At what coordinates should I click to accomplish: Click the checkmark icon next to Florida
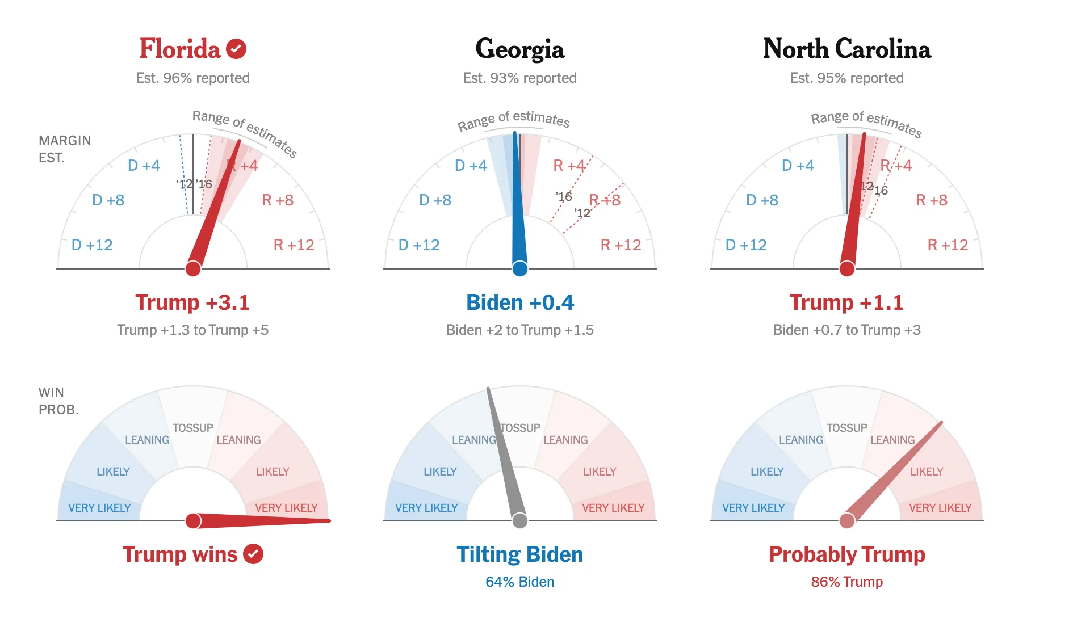[236, 49]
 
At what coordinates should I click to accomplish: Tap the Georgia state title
[519, 49]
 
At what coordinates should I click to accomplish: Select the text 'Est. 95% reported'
[846, 78]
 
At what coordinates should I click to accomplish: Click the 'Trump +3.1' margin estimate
[192, 302]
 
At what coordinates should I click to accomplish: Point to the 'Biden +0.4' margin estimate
[519, 302]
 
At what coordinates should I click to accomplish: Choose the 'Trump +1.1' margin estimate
[846, 302]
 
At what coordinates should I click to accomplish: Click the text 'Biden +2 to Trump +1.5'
[519, 330]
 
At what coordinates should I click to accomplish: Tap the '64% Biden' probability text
[519, 582]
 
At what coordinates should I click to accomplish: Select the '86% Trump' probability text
[846, 582]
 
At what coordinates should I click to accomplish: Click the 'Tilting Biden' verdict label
[519, 554]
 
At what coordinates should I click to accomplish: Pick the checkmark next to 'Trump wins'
[253, 554]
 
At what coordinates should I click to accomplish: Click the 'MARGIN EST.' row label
[64, 149]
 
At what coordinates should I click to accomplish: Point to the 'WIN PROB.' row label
[58, 401]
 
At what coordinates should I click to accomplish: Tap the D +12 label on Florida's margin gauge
[92, 245]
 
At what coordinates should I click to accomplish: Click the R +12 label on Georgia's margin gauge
[621, 245]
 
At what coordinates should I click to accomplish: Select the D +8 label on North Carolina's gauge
[762, 200]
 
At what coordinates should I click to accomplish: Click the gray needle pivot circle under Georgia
[519, 520]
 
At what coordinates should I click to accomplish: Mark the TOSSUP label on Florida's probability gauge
[193, 428]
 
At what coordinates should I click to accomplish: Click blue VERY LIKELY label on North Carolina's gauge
[753, 508]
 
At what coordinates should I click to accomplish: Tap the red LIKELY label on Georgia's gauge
[600, 472]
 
